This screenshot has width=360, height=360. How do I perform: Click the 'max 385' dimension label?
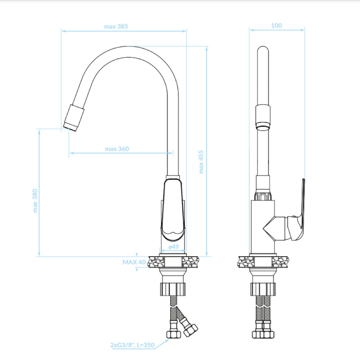(116, 26)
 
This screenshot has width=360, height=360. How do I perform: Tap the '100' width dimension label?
(276, 26)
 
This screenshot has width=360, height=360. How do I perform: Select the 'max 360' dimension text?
(117, 149)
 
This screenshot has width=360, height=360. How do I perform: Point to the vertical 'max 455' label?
(201, 162)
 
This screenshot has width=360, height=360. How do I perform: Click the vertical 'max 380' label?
(35, 201)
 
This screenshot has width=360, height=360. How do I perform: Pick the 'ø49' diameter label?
(174, 247)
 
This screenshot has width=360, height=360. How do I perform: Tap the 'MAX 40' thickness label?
(134, 262)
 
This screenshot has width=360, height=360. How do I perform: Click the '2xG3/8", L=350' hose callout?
(132, 345)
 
